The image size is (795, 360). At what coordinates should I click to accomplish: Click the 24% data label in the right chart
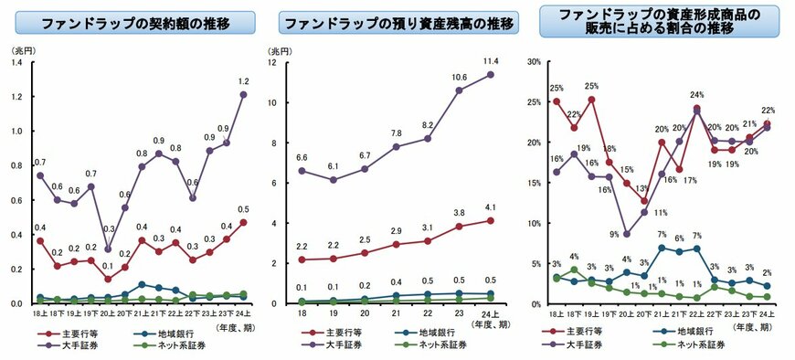pyautogui.click(x=696, y=95)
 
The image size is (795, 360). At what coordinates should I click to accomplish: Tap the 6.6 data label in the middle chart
pyautogui.click(x=302, y=156)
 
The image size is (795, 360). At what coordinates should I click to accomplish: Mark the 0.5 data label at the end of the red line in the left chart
pyautogui.click(x=244, y=208)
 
